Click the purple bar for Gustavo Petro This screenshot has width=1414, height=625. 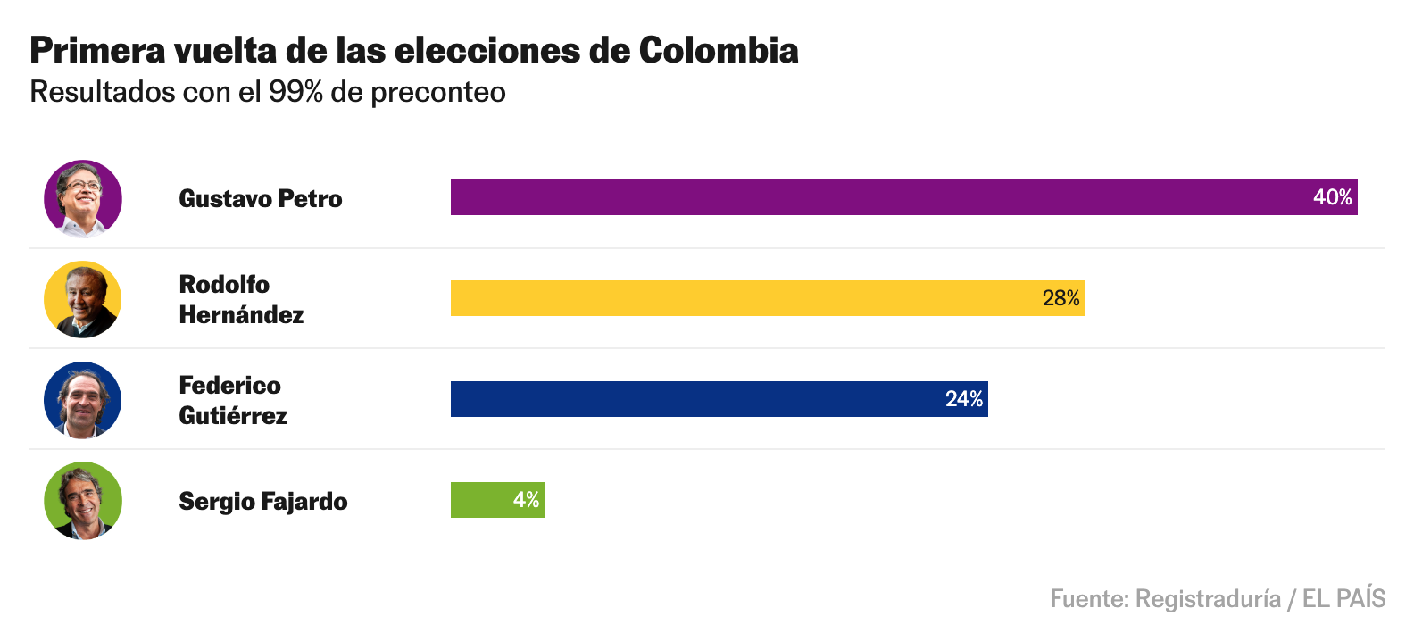893,197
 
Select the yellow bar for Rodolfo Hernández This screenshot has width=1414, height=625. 759,298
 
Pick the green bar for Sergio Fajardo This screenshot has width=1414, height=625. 482,500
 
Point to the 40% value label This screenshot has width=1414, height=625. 1332,197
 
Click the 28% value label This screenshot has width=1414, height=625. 1060,298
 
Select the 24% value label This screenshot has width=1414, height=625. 964,399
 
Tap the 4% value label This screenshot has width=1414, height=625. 526,500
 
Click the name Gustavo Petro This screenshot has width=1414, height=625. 261,198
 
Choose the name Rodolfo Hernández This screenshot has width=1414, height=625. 241,299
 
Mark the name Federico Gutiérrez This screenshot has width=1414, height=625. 232,400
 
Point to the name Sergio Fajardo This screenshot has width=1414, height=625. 263,501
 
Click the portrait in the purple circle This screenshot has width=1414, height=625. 83,198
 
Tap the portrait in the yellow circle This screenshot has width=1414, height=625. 83,299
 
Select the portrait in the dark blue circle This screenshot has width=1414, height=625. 83,400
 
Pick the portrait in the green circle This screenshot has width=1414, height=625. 83,501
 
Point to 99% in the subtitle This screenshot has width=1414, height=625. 295,92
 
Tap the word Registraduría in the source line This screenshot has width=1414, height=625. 1208,598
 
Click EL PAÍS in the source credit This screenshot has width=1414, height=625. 1343,598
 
